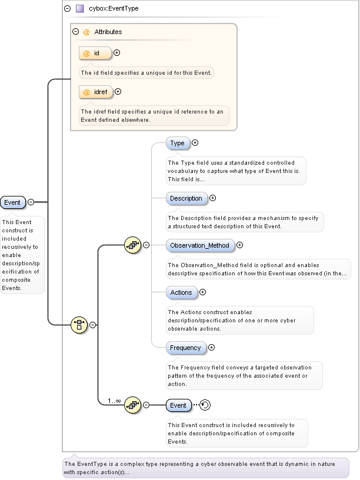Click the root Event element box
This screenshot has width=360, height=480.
pyautogui.click(x=12, y=202)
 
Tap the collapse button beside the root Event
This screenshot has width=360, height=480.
pyautogui.click(x=31, y=202)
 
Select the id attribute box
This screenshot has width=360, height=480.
pyautogui.click(x=95, y=53)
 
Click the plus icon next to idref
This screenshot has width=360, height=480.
pyautogui.click(x=118, y=92)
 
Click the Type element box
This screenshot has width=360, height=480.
pyautogui.click(x=178, y=143)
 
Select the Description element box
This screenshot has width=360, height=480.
pyautogui.click(x=186, y=198)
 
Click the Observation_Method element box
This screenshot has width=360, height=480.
pyautogui.click(x=200, y=245)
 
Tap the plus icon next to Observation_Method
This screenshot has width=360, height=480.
pyautogui.click(x=239, y=245)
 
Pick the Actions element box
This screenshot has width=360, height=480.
pyautogui.click(x=181, y=292)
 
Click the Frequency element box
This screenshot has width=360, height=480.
pyautogui.click(x=185, y=348)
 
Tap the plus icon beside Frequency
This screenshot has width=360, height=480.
pyautogui.click(x=212, y=348)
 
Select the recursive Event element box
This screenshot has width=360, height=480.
pyautogui.click(x=178, y=405)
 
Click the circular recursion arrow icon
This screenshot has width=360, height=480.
pyautogui.click(x=205, y=405)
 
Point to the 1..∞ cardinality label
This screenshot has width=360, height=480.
pyautogui.click(x=114, y=401)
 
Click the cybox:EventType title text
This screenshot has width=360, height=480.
pyautogui.click(x=114, y=9)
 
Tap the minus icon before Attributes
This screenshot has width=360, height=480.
pyautogui.click(x=75, y=32)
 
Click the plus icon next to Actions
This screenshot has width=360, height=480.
pyautogui.click(x=203, y=292)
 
